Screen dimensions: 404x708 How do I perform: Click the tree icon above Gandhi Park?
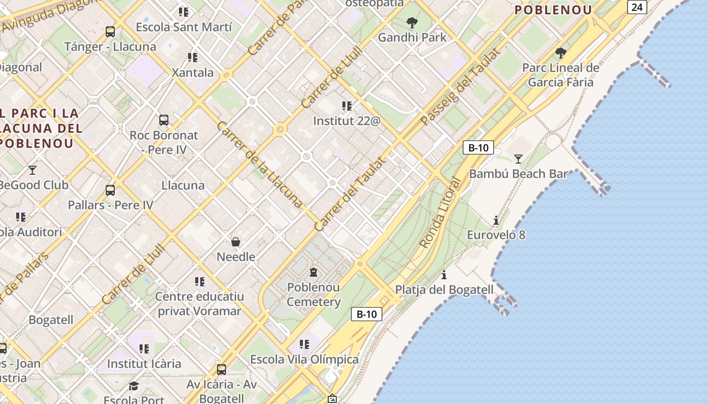point(412,22)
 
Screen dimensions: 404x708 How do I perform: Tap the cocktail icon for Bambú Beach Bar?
point(518,159)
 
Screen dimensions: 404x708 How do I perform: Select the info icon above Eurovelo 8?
point(496,220)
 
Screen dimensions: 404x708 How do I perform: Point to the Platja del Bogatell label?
point(444,289)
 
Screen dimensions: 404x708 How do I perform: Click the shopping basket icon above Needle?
point(236,242)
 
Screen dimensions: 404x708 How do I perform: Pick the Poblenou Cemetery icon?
point(314,272)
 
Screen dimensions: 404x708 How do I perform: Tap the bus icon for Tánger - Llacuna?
point(110,32)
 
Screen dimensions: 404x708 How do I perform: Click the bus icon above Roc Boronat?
point(164,120)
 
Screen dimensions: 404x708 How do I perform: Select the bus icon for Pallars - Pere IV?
point(110,190)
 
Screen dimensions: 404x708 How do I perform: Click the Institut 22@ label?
point(346,121)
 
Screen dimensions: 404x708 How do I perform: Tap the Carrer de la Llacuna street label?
point(259,164)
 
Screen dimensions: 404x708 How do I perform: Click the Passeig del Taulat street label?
point(460,86)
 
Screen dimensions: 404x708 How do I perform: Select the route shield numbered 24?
point(637,7)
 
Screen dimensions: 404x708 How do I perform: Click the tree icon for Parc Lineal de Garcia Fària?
point(560,53)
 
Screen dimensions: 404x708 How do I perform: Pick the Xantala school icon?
point(192,58)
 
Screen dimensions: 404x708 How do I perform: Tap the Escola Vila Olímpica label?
point(304,360)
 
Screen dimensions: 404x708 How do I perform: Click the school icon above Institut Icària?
point(144,349)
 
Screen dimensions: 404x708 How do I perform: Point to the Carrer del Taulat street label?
point(350,194)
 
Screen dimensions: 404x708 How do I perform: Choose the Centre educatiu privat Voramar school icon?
point(199,282)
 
